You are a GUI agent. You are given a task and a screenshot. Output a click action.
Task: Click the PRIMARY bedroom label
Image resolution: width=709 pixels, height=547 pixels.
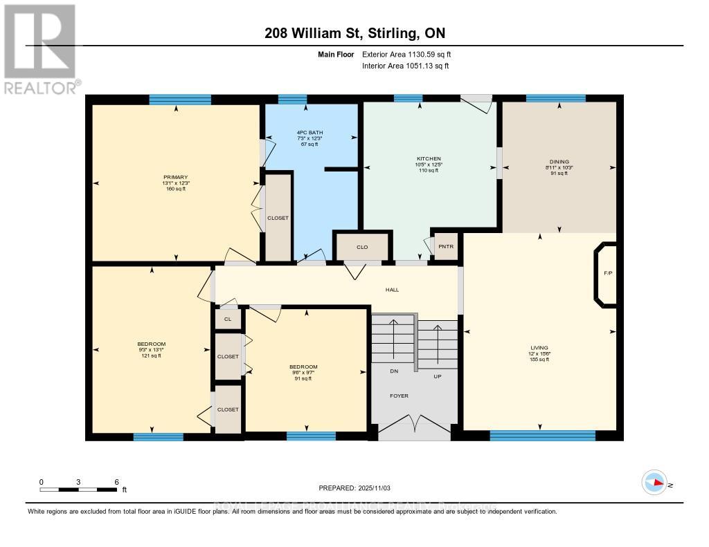pyautogui.click(x=176, y=177)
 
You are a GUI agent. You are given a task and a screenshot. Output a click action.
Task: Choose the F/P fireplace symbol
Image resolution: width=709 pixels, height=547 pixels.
pyautogui.click(x=607, y=273)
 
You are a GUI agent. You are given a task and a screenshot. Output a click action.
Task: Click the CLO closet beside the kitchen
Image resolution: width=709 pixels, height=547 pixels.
pyautogui.click(x=362, y=247)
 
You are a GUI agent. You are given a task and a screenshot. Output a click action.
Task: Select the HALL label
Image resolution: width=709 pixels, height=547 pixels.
pyautogui.click(x=392, y=290)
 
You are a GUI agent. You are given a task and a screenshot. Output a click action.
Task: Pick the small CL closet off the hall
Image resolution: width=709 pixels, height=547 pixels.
pyautogui.click(x=228, y=319)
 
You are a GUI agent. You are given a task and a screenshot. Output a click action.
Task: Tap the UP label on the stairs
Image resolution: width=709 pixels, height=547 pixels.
pyautogui.click(x=438, y=376)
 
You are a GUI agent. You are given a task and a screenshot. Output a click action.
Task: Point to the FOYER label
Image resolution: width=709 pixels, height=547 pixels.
pyautogui.click(x=399, y=396)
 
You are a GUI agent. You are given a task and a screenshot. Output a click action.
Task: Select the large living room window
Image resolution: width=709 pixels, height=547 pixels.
pyautogui.click(x=542, y=435)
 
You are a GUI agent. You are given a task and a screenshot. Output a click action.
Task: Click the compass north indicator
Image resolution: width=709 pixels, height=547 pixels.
pyautogui.click(x=654, y=483)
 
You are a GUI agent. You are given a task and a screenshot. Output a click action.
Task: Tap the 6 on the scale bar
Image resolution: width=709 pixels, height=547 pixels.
pyautogui.click(x=116, y=482)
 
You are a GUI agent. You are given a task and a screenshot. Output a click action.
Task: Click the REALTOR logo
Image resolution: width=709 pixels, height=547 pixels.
pyautogui.click(x=40, y=49)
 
